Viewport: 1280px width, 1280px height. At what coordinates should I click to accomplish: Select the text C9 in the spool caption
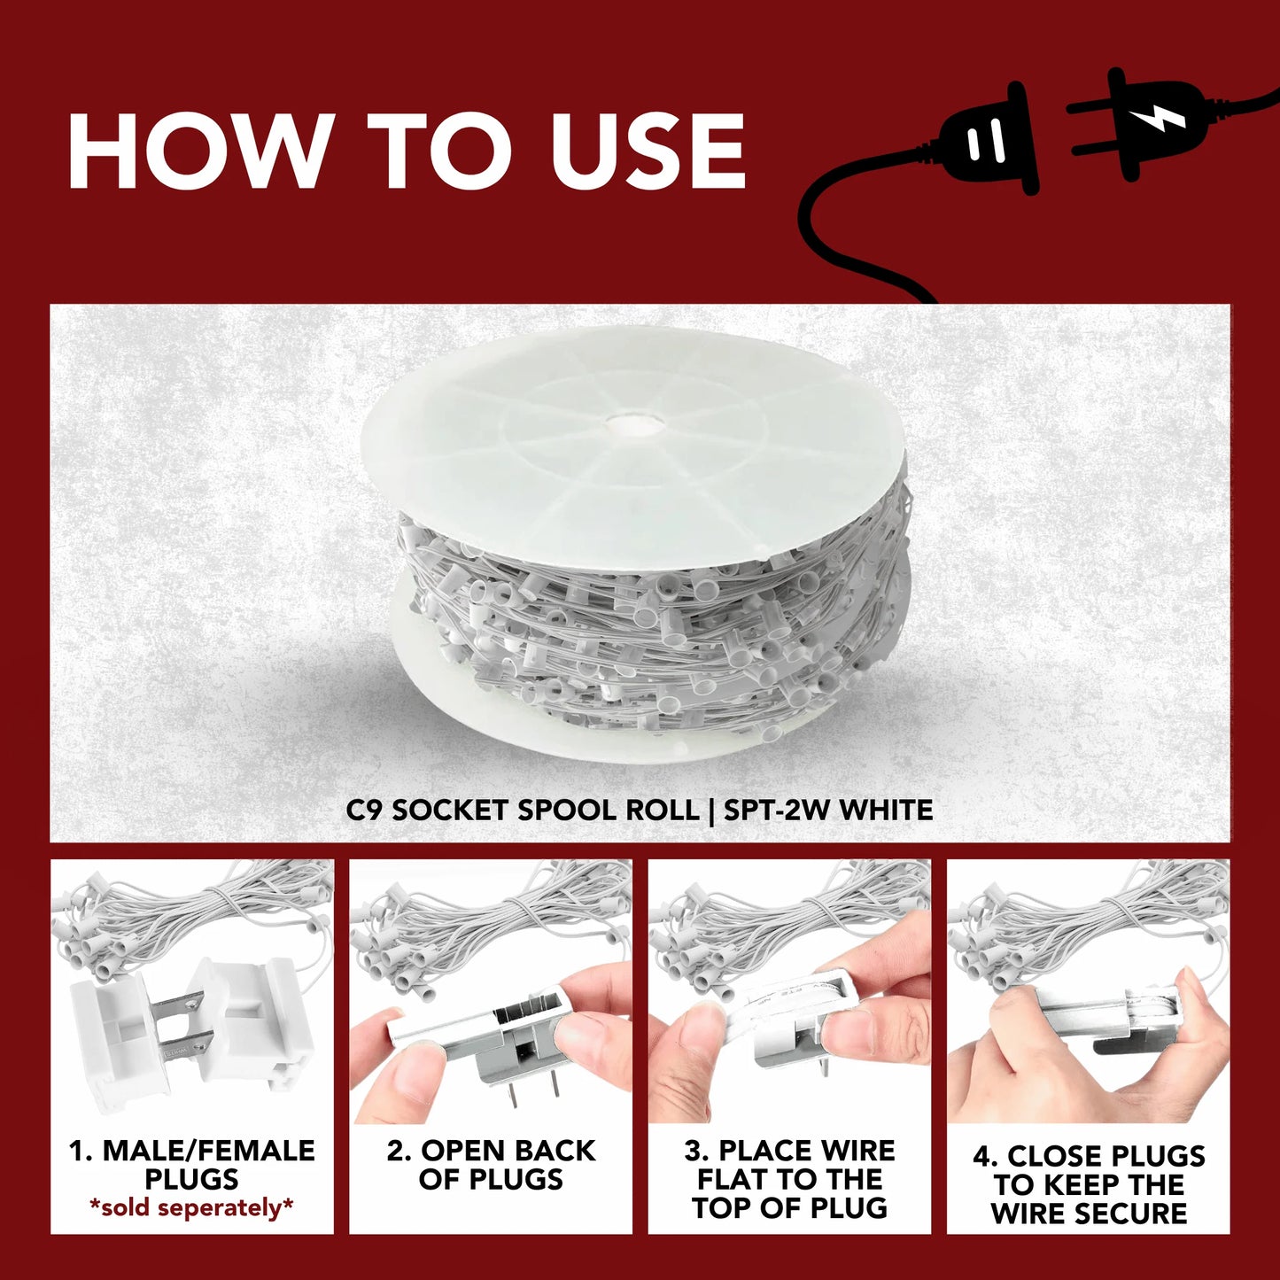pos(364,811)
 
